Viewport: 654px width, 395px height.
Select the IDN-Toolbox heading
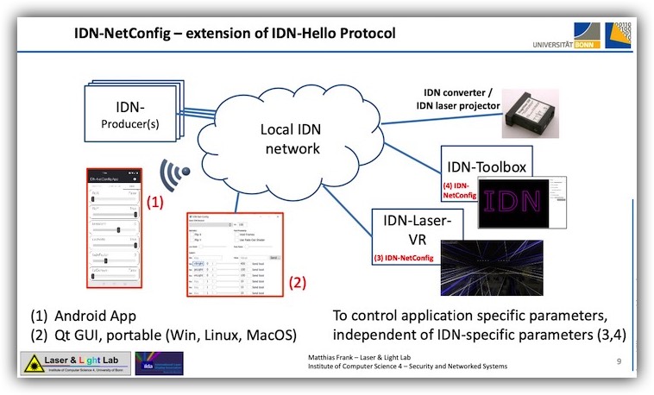[485, 165]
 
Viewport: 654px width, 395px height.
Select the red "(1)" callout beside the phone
[155, 204]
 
